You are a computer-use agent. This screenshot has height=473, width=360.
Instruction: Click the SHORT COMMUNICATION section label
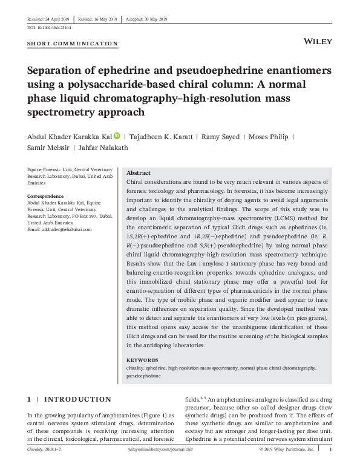click(x=73, y=44)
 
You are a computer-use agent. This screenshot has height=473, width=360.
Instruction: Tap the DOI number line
click(x=50, y=28)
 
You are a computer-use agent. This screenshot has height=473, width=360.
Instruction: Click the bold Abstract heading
click(x=138, y=173)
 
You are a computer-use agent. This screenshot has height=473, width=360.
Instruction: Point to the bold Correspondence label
click(x=46, y=197)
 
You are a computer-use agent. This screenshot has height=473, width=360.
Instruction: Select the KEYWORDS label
click(x=143, y=360)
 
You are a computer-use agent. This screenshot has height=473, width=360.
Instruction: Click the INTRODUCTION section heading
click(x=77, y=399)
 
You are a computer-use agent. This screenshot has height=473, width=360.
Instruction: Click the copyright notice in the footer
click(x=286, y=467)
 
